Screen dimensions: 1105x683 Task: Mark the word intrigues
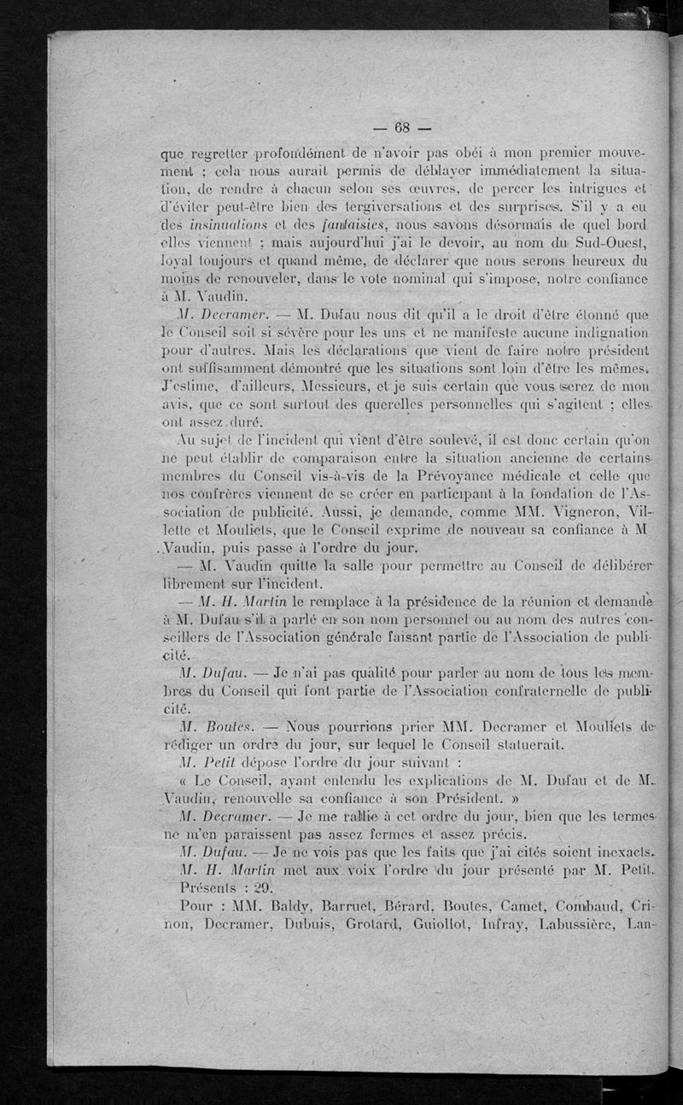point(599,188)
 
